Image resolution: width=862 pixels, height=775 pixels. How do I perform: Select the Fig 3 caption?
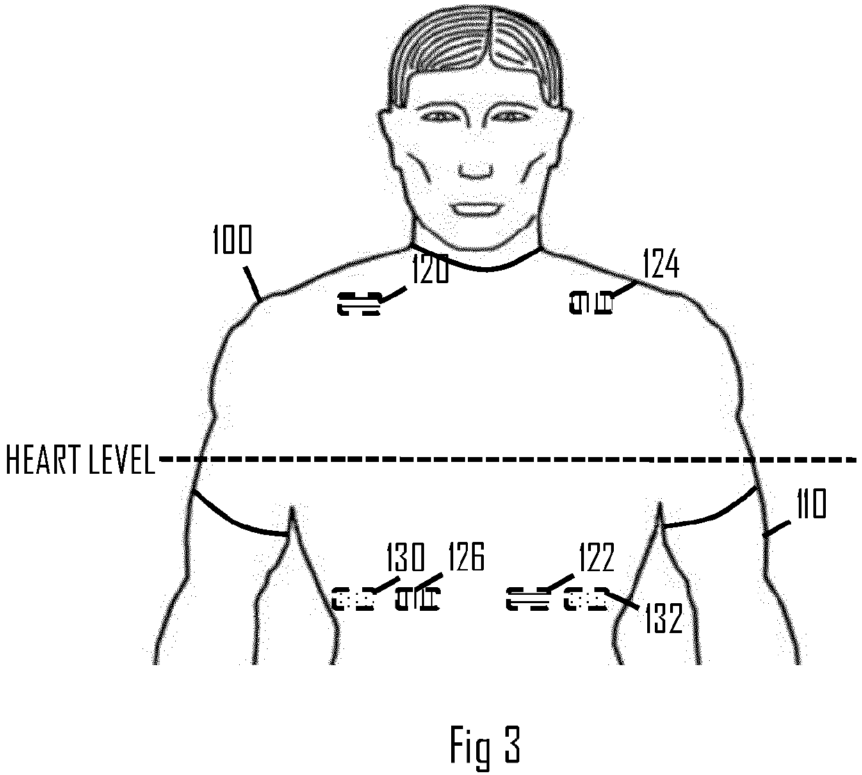click(x=485, y=745)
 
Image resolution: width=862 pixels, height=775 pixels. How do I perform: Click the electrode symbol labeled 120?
click(x=359, y=304)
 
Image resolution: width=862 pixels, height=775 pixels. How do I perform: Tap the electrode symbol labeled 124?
click(x=591, y=303)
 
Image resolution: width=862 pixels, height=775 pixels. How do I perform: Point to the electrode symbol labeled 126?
click(x=418, y=598)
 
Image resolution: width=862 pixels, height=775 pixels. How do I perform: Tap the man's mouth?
click(x=476, y=207)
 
